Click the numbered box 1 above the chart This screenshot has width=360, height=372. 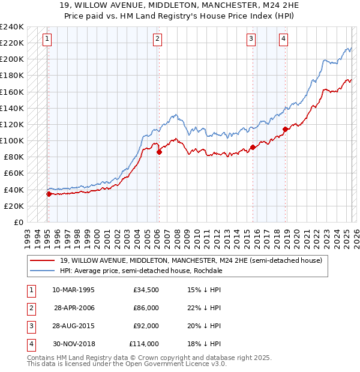(x=47, y=39)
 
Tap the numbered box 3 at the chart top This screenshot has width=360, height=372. (x=251, y=39)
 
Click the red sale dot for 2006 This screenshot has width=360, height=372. (x=159, y=152)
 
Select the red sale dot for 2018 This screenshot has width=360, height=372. (x=285, y=129)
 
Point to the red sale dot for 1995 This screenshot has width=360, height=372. (x=49, y=194)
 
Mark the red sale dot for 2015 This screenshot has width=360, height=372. (x=253, y=147)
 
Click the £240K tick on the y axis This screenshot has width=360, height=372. (x=12, y=27)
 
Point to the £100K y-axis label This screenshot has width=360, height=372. (x=12, y=140)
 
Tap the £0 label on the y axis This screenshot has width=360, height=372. (x=19, y=222)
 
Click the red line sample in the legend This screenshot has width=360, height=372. (x=43, y=260)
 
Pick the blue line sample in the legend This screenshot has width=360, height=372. (x=43, y=271)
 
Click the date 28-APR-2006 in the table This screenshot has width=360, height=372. (x=74, y=308)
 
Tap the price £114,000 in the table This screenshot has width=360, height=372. (x=144, y=344)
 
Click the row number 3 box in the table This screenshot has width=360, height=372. (x=31, y=326)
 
